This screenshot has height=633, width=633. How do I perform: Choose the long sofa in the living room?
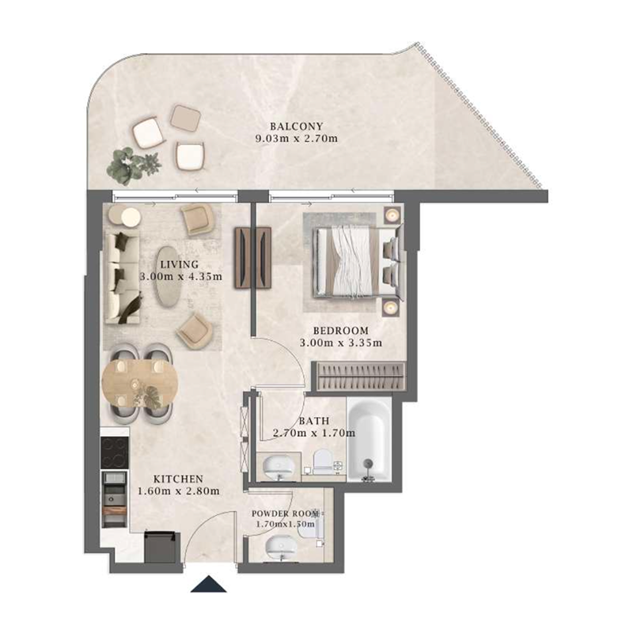[123, 277]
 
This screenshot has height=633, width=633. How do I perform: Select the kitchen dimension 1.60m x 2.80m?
[177, 491]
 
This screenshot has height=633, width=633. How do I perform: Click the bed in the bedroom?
[351, 261]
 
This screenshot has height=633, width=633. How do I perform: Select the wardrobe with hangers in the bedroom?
[359, 374]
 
